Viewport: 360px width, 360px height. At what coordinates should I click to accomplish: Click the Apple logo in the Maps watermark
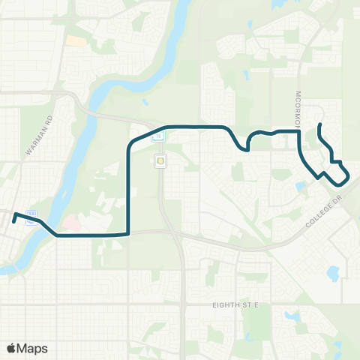[x=12, y=348]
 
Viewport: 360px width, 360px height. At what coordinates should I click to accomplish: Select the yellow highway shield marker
[x=160, y=160]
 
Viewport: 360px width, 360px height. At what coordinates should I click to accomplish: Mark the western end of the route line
[x=14, y=215]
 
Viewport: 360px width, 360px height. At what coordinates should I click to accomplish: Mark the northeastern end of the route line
[x=320, y=124]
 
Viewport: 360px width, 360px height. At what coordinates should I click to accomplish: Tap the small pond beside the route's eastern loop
[x=301, y=185]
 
